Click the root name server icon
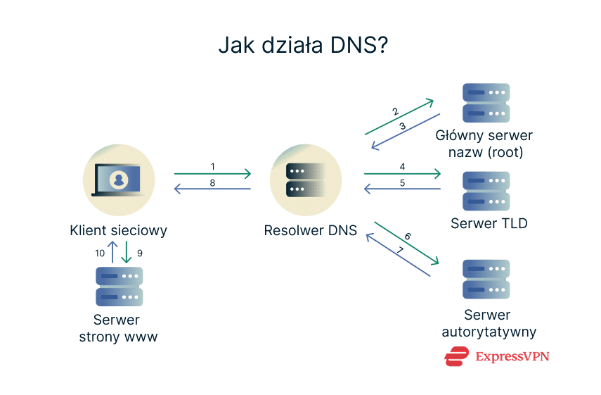point(486,104)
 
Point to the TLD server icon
point(486,191)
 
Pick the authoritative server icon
point(486,280)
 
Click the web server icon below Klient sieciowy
point(119,286)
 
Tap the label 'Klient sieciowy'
point(119,230)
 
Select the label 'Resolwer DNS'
point(310,230)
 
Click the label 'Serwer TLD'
point(489,224)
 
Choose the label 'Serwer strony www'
point(119,328)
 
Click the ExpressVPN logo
point(496,357)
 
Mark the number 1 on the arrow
point(213,166)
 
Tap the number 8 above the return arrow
point(213,182)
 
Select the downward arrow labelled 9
point(127,252)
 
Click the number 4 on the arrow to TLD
point(402,167)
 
